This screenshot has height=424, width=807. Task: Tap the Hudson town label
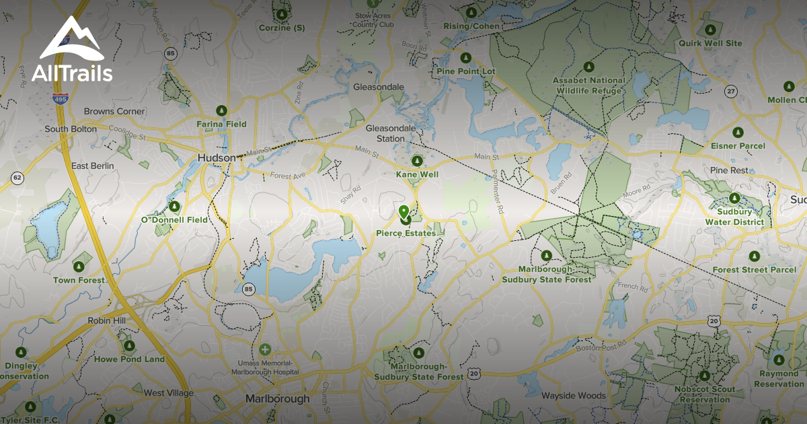coord(217,157)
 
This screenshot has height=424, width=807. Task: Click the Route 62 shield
coord(17,178)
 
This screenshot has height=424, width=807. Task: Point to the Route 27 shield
coord(731,90)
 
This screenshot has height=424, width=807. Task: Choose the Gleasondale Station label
coord(385,133)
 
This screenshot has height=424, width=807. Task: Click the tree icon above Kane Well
coord(417,162)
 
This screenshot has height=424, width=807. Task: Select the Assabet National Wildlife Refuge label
coord(588,85)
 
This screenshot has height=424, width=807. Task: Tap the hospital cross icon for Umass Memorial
coord(265,350)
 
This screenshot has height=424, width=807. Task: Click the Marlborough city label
coord(277,398)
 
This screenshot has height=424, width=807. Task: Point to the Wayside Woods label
coord(574,396)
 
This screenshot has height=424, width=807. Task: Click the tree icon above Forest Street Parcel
coord(755,256)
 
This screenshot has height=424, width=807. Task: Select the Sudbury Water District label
coord(734,217)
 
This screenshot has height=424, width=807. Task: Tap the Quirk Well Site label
coord(710,43)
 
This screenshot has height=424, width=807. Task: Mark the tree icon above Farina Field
coord(221,110)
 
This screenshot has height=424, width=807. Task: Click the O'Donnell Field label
coord(174,219)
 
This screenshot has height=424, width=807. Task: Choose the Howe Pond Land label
coord(129,359)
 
